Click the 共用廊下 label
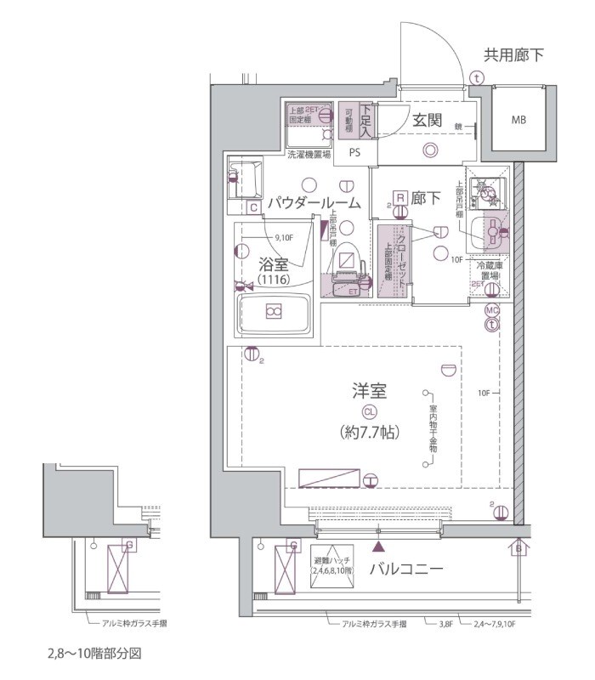click(513, 56)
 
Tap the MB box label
click(518, 120)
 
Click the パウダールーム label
click(314, 203)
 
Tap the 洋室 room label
click(370, 391)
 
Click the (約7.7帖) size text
click(370, 431)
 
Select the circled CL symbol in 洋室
click(370, 411)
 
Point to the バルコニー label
click(405, 569)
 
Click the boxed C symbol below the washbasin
click(253, 207)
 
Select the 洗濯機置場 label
click(309, 155)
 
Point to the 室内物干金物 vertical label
click(433, 431)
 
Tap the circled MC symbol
click(491, 310)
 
